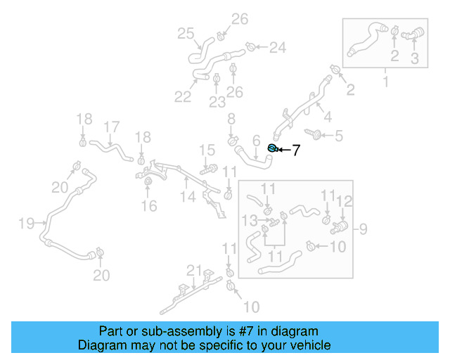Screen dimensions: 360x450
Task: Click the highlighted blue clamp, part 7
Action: (x=273, y=148)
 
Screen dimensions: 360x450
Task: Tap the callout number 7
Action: (x=296, y=150)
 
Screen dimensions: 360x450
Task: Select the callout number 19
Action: (x=26, y=224)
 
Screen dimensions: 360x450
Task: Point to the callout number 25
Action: (x=186, y=34)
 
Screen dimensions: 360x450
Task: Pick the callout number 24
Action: (x=278, y=48)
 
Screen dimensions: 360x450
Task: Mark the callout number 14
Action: (x=186, y=198)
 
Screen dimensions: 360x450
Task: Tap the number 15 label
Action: (x=206, y=150)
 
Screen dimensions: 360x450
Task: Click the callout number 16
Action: (x=148, y=206)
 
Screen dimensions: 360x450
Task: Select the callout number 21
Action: (x=194, y=271)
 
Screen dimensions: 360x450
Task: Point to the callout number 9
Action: (x=364, y=229)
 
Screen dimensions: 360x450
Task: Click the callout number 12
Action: (x=343, y=202)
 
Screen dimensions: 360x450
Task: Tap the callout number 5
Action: (x=338, y=135)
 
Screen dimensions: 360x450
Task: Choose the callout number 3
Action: (x=414, y=59)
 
